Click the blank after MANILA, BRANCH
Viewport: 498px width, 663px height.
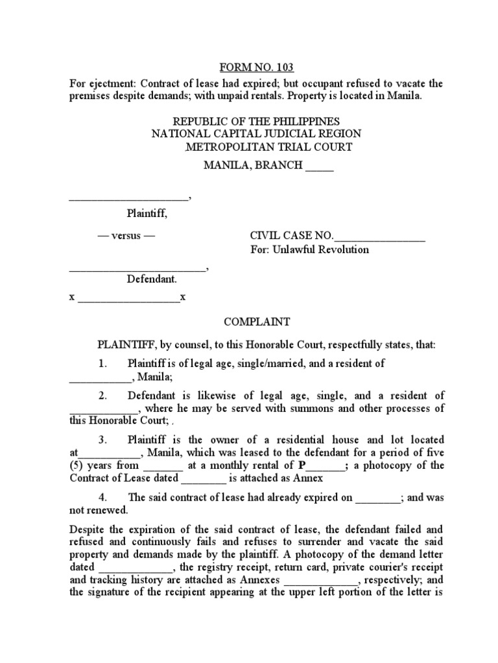coord(319,166)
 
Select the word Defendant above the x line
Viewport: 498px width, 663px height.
coord(151,279)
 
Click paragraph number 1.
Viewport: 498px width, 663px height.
coord(102,364)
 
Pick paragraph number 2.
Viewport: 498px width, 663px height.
coord(102,396)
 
